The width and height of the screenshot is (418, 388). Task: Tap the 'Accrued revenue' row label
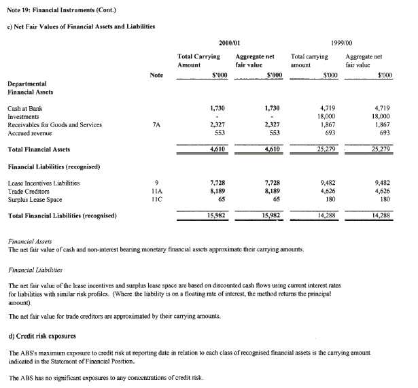pos(30,133)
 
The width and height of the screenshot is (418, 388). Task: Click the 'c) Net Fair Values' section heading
pos(82,26)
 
